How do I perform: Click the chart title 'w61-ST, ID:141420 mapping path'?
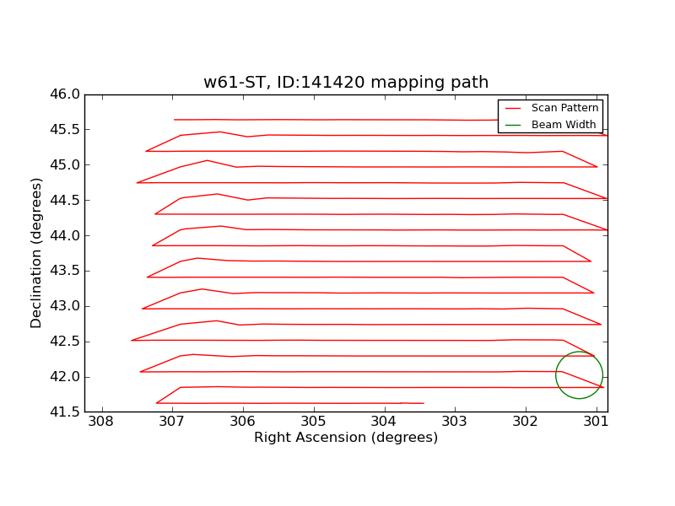346,83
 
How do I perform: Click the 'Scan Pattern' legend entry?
564,108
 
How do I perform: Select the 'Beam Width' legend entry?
563,125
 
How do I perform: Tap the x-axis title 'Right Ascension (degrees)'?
346,438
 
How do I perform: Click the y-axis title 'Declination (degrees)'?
36,253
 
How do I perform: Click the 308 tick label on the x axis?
101,422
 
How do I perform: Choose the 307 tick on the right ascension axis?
172,422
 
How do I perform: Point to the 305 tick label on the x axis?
313,422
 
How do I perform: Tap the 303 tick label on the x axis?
455,422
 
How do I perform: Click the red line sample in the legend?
514,108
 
